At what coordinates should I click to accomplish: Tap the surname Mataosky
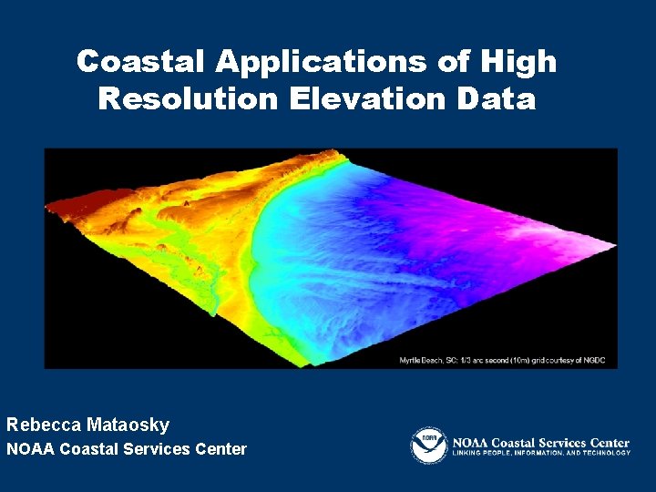coord(128,425)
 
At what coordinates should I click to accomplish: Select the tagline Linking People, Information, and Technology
coord(541,453)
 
